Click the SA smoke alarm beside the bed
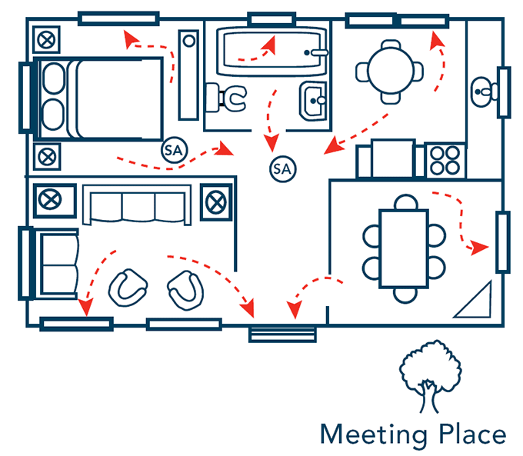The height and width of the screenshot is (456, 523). click(x=173, y=151)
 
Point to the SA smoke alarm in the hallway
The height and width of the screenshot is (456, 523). click(x=282, y=168)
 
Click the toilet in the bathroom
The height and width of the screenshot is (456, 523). click(x=231, y=98)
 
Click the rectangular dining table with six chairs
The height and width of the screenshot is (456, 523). click(x=404, y=247)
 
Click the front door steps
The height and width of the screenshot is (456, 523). click(x=282, y=334)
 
